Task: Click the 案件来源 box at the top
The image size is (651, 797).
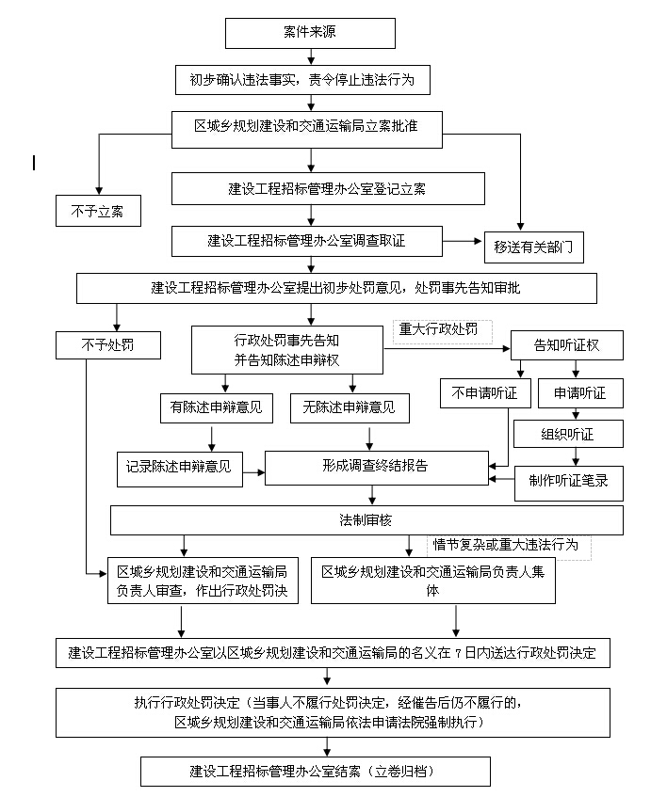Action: tap(309, 33)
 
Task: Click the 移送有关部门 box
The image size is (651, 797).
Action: tap(533, 247)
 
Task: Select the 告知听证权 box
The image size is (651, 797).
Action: tap(566, 345)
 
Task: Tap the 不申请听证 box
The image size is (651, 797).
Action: tap(485, 393)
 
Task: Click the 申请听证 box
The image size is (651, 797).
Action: tap(579, 393)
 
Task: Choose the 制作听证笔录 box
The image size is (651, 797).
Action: tap(568, 481)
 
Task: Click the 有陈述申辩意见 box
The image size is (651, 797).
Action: tap(216, 407)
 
